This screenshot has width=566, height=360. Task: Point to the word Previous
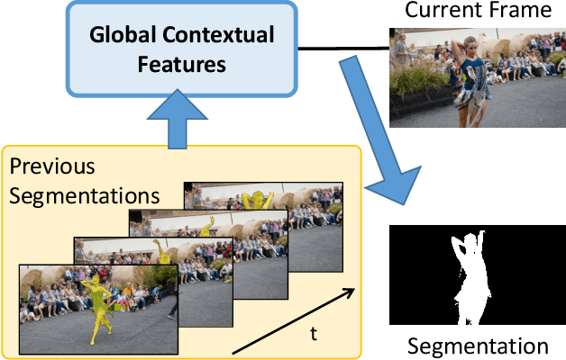pyautogui.click(x=52, y=167)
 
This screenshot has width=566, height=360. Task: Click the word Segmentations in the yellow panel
pyautogui.click(x=84, y=194)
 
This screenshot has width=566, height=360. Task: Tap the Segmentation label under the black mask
pyautogui.click(x=478, y=346)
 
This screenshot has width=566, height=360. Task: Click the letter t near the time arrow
pyautogui.click(x=314, y=334)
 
